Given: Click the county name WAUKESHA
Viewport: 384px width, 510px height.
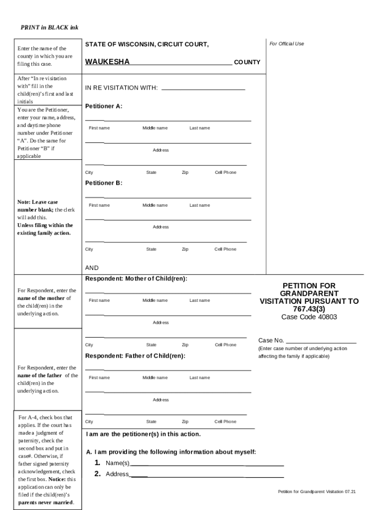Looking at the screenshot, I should tap(107, 62).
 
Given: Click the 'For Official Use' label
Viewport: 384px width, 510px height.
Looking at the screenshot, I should tap(286, 44).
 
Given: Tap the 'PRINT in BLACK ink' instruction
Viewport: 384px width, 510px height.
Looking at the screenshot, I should tap(49, 27).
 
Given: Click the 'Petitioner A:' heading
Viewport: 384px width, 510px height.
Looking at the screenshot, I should tap(103, 106).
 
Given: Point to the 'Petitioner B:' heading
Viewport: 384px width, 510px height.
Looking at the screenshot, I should tap(103, 183).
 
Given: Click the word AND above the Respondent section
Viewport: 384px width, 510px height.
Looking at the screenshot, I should tap(92, 267).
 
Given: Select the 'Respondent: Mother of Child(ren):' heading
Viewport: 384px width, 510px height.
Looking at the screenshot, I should tap(136, 278).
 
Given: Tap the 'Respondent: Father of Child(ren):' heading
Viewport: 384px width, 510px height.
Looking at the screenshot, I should tap(135, 356).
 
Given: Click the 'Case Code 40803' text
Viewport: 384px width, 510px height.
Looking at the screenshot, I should tap(309, 317).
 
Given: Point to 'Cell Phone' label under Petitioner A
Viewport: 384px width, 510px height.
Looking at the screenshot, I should tap(225, 172).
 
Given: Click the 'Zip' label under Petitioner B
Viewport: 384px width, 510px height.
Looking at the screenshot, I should tap(185, 249).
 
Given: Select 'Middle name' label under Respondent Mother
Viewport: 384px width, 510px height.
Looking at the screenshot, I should tap(155, 300).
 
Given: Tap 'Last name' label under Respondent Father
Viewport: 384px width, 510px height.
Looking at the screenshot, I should tap(199, 378).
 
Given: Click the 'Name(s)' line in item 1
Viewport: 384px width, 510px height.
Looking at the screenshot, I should tap(206, 463).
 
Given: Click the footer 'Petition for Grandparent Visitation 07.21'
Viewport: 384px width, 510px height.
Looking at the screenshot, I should tap(317, 492).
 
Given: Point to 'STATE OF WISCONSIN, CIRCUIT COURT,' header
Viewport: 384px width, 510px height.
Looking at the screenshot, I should tap(147, 45).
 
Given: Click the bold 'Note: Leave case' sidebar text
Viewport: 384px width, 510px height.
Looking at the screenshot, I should tap(37, 202).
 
